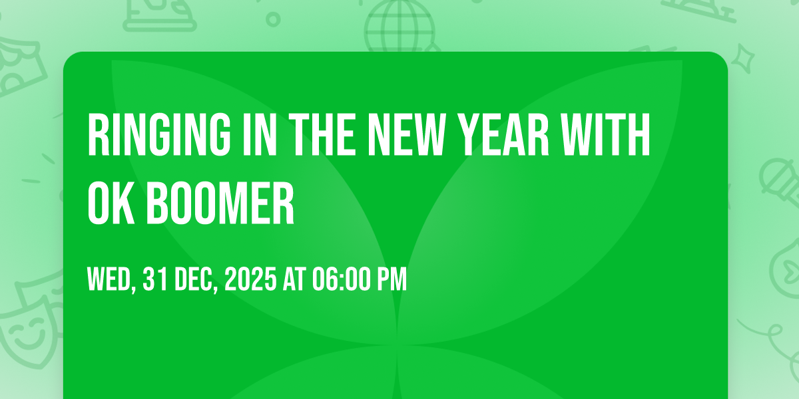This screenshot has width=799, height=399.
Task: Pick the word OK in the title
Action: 111,203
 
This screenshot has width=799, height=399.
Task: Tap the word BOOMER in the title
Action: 220,203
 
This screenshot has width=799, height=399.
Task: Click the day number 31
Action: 155,279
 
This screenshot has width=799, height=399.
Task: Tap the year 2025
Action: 250,279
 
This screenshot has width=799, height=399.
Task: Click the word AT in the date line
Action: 294,279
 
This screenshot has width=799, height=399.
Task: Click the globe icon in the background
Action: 400,26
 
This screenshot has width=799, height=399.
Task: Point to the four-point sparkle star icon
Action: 743,58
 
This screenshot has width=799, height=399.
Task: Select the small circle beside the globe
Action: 273,19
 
